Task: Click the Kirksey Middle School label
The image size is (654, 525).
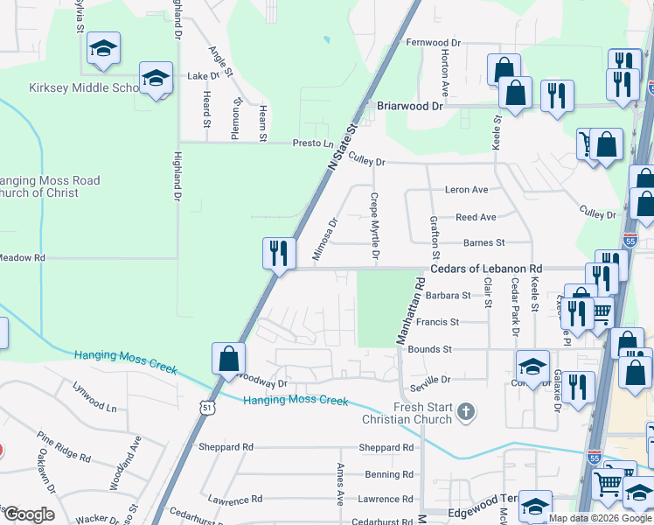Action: point(73,88)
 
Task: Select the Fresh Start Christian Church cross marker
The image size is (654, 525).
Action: point(467,411)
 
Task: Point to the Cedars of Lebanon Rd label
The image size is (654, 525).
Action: point(486,269)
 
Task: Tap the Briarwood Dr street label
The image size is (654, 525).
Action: point(410,105)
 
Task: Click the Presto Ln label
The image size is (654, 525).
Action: point(313,143)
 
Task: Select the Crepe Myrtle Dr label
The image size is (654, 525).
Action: point(374,227)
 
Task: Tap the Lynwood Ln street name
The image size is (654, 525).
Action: point(94,407)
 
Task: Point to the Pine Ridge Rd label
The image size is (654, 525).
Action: point(64,446)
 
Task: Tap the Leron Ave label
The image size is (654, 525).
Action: point(466,190)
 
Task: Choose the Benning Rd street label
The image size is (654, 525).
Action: point(389,474)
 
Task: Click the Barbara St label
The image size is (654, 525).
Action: point(449,296)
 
